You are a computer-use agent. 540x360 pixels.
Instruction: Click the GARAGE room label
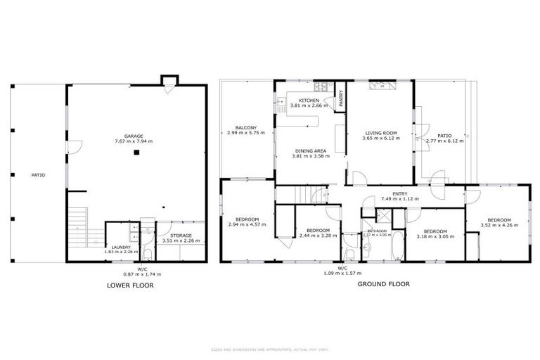[x=134, y=136]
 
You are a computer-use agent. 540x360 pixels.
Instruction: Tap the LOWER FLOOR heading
[x=130, y=285]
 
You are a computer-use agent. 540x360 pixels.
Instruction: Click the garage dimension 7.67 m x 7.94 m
[x=134, y=141]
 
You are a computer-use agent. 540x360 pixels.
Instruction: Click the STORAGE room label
[x=181, y=236]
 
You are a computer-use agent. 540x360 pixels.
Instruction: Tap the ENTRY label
[x=400, y=194]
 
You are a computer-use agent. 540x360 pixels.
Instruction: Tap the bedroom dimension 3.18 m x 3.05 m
[x=435, y=236]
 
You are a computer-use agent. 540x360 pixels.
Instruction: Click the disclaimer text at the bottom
[x=269, y=349]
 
